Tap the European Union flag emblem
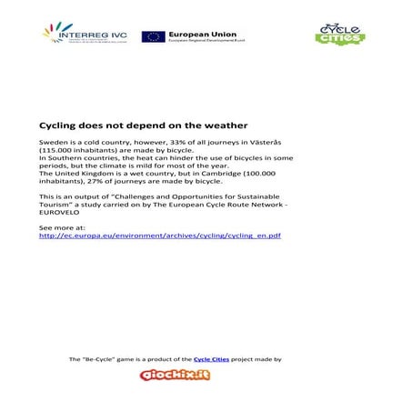152,36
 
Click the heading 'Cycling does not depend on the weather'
143,125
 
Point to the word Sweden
53,144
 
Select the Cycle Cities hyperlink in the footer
211,360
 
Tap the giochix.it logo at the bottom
175,375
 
